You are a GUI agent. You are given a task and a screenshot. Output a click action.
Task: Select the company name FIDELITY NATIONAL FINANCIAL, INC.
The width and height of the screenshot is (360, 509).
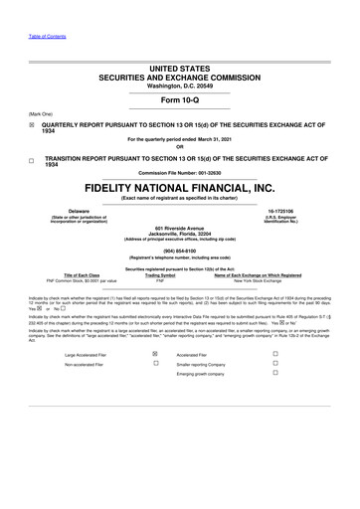click(x=180, y=187)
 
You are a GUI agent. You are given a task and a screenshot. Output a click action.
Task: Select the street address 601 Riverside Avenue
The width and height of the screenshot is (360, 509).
click(x=180, y=228)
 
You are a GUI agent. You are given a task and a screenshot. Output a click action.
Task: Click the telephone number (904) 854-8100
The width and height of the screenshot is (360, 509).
click(x=180, y=250)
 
